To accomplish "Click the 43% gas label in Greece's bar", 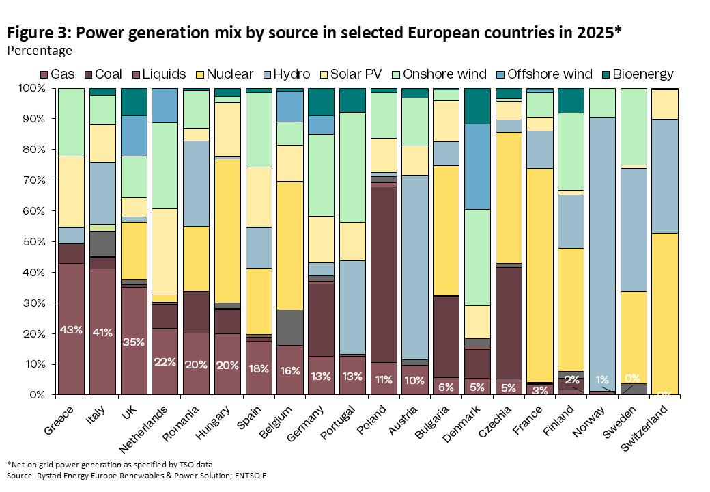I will tap(71, 330).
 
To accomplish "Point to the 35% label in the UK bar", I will tap(133, 342).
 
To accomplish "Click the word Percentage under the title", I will tap(40, 50).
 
